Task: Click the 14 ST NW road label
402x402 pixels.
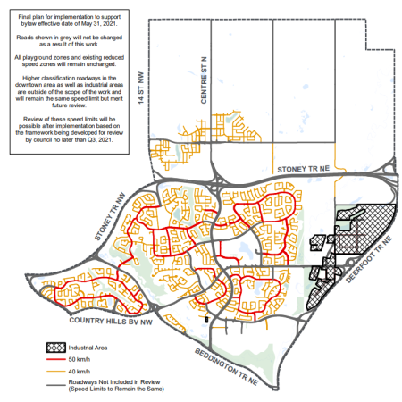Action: click(x=139, y=88)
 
